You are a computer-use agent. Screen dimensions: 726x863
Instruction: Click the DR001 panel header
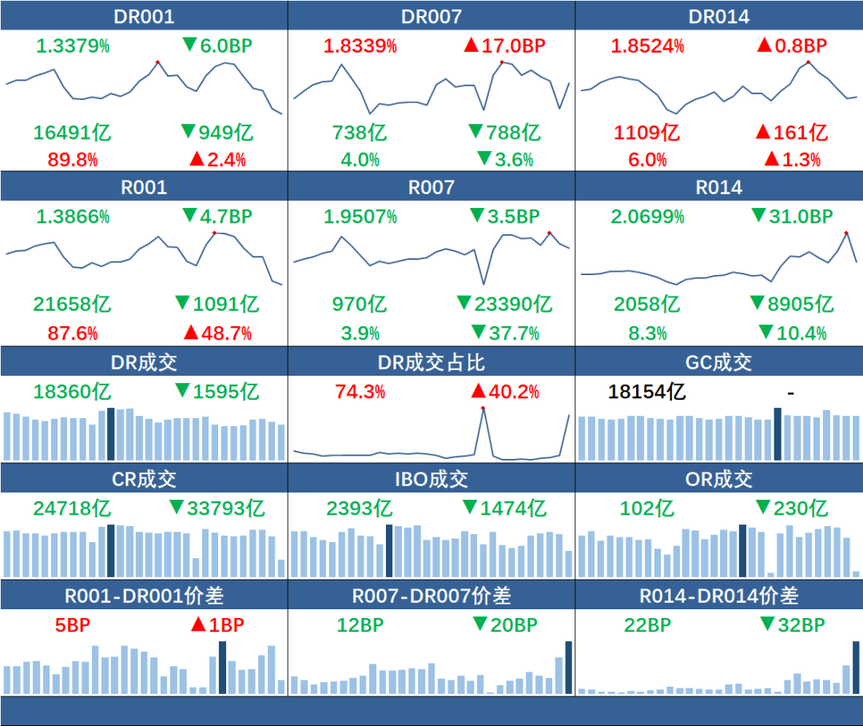coord(144,16)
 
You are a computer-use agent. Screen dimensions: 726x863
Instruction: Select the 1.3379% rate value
coord(71,46)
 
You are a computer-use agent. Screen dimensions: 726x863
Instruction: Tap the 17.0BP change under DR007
coord(504,46)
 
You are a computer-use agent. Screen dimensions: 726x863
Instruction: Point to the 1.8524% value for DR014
coord(647,46)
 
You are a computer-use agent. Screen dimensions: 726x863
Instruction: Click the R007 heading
coord(431,187)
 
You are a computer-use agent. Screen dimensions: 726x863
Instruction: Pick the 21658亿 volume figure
coord(72,305)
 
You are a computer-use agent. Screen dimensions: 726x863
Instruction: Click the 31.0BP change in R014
coord(791,217)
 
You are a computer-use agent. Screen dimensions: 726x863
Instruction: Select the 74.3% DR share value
coord(360,392)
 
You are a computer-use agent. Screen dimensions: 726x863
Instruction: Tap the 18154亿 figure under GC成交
coord(646,392)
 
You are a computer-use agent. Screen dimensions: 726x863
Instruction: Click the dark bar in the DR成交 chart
coord(111,434)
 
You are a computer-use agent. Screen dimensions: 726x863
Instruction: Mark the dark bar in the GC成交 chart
coord(777,434)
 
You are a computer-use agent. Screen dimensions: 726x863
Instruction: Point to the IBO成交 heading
coord(431,479)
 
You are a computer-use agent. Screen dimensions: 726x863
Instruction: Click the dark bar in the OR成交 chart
coord(743,551)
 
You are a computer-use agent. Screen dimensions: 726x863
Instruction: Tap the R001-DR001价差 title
coord(144,596)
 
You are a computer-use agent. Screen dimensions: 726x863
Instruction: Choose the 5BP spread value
coord(73,625)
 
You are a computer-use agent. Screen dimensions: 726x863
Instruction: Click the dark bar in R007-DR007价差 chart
coord(568,668)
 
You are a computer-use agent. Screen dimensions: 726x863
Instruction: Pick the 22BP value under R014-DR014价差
coord(646,625)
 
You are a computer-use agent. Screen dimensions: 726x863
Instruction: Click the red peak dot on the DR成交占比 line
coord(483,408)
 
